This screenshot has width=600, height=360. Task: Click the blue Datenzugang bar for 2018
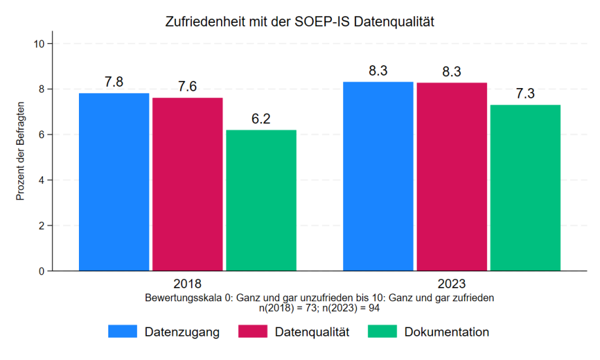pyautogui.click(x=114, y=182)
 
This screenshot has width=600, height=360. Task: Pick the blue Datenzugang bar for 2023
pyautogui.click(x=378, y=176)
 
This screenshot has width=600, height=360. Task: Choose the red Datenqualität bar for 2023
pyautogui.click(x=452, y=177)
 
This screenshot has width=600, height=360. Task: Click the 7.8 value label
pyautogui.click(x=114, y=82)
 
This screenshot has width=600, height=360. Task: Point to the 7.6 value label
pyautogui.click(x=188, y=87)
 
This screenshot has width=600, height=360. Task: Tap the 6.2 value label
pyautogui.click(x=262, y=119)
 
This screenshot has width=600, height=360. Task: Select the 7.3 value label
pyautogui.click(x=526, y=94)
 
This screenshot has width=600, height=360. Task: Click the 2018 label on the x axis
pyautogui.click(x=187, y=284)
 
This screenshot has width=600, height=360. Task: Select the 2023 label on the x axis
pyautogui.click(x=451, y=284)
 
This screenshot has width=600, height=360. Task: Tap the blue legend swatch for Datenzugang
pyautogui.click(x=123, y=332)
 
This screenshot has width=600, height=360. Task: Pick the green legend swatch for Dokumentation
pyautogui.click(x=383, y=332)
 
